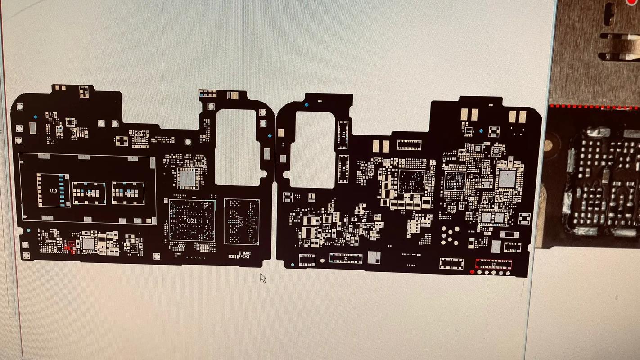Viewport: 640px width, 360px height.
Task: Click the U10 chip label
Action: coord(54,191)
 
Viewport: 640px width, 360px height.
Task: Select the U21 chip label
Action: coord(192,221)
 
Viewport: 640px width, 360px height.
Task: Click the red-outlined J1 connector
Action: coord(494,264)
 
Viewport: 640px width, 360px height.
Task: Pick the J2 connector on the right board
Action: coord(346,258)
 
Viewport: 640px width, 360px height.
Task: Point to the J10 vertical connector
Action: coord(344,168)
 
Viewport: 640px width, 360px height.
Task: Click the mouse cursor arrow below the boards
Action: coord(263,278)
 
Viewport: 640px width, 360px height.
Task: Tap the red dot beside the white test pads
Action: coord(472,272)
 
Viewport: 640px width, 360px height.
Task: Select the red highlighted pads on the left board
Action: coord(70,246)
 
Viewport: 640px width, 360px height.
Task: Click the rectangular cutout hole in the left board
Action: coord(235,147)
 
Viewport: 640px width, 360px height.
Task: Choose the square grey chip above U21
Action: coord(188,178)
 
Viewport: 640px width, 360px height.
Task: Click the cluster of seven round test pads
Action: coord(450,234)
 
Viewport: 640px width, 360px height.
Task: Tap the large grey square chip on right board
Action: coord(507,180)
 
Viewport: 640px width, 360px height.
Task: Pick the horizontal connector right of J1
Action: coord(512,247)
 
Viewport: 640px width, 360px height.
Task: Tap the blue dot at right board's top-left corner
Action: coord(306,105)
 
